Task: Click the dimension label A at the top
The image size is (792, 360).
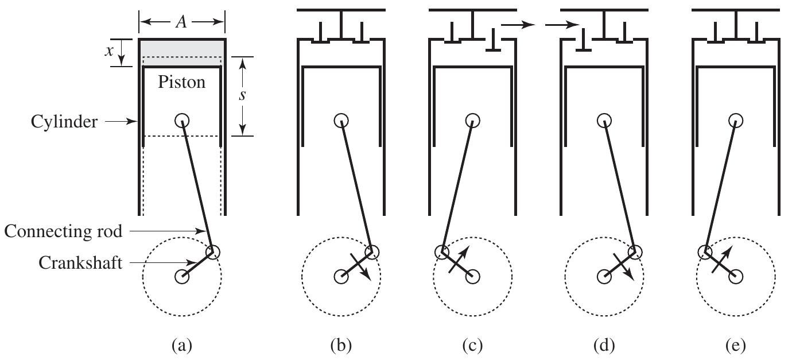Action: point(181,22)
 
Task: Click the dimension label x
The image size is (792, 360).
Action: point(109,51)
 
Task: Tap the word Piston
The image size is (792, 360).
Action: point(181,82)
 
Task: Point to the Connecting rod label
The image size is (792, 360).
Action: point(63,231)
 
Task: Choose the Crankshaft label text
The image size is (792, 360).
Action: point(80,263)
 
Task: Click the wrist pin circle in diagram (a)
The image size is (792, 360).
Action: point(182,121)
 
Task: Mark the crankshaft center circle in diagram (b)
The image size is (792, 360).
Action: point(341,276)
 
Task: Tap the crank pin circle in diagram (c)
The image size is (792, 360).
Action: point(441,251)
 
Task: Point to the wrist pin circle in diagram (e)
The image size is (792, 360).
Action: point(735,121)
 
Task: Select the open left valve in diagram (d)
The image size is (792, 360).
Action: point(583,46)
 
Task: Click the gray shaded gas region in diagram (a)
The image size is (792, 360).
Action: point(181,48)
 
